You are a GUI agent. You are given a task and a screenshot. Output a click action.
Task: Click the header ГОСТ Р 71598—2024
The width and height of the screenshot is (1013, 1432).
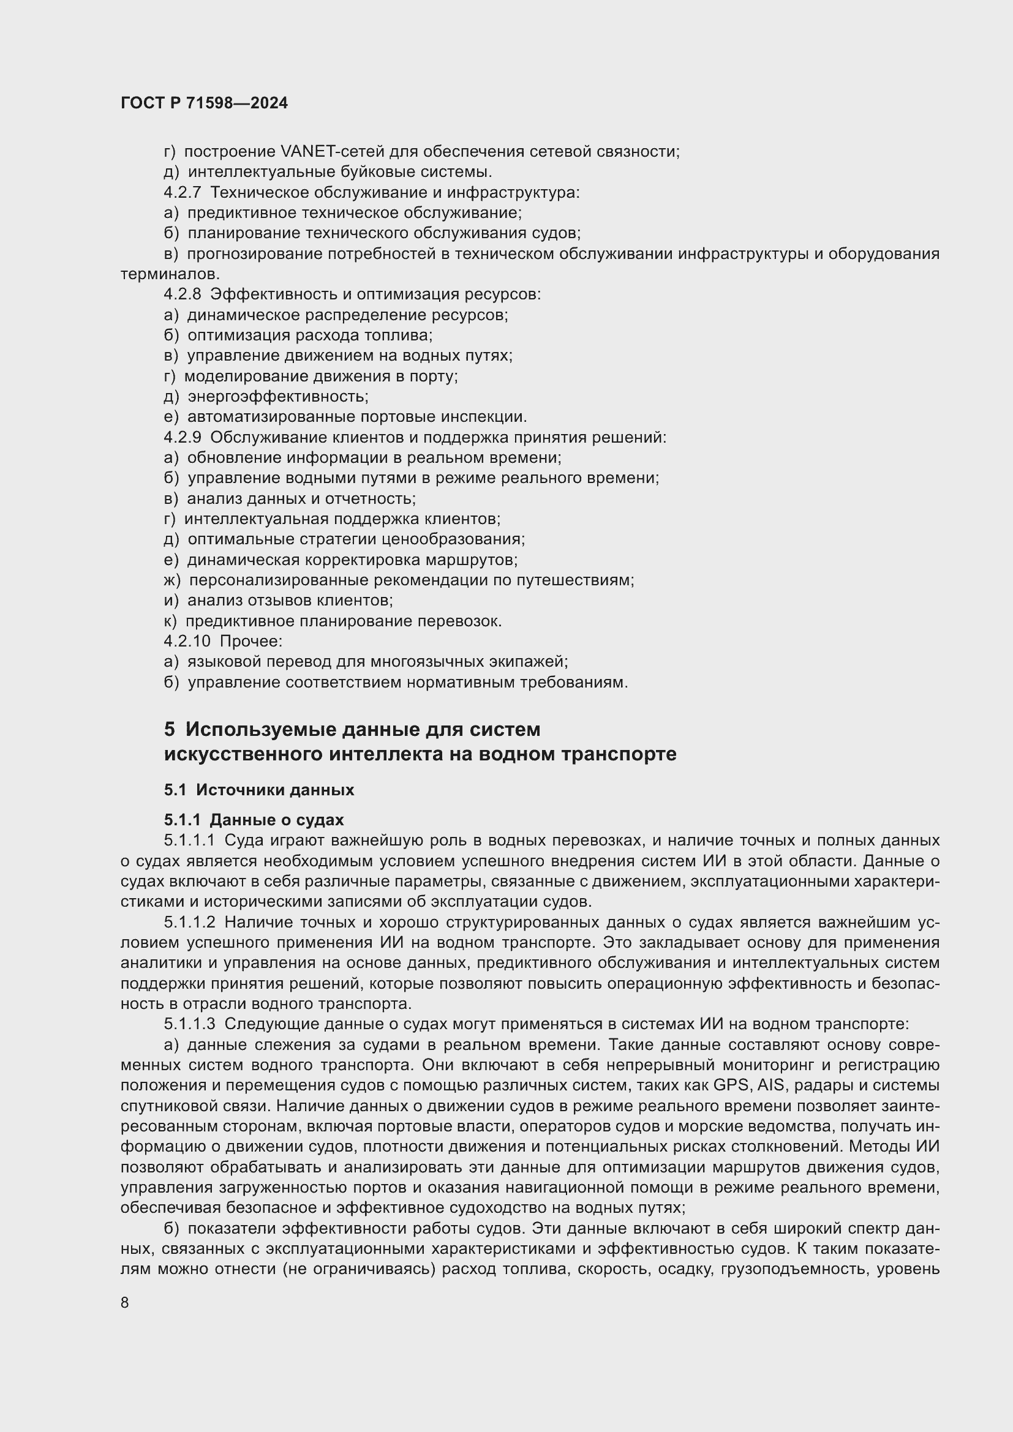pyautogui.click(x=204, y=103)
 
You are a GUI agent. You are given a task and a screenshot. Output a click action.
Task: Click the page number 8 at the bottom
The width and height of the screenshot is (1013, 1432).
pyautogui.click(x=125, y=1302)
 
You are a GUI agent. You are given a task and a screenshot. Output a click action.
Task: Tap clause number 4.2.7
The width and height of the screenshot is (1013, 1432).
pyautogui.click(x=182, y=193)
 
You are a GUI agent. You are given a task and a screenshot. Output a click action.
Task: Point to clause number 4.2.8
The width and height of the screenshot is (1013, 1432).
pyautogui.click(x=182, y=294)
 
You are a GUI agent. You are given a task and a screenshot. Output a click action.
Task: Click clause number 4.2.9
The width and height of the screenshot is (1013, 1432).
pyautogui.click(x=182, y=437)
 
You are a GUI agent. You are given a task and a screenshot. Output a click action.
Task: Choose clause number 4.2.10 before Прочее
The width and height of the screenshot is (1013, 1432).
pyautogui.click(x=187, y=641)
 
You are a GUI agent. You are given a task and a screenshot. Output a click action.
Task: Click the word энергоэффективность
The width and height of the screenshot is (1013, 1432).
pyautogui.click(x=277, y=397)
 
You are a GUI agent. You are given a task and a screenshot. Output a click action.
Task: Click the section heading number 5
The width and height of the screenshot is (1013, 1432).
pyautogui.click(x=170, y=729)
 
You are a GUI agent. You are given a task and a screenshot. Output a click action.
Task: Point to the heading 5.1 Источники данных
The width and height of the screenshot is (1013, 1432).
pyautogui.click(x=259, y=790)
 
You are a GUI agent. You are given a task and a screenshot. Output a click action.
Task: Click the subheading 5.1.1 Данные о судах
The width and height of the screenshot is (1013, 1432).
pyautogui.click(x=254, y=820)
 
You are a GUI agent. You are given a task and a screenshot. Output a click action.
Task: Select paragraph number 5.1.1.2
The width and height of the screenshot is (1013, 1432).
pyautogui.click(x=190, y=923)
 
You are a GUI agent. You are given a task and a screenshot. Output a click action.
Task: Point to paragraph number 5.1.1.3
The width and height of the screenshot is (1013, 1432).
pyautogui.click(x=190, y=1024)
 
